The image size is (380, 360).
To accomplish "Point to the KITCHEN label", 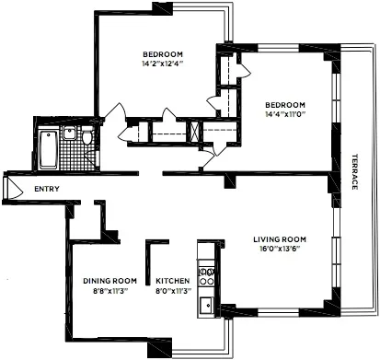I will (172, 281).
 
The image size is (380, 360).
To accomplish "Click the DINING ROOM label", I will (109, 281).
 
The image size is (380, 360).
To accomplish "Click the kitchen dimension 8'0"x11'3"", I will (172, 291).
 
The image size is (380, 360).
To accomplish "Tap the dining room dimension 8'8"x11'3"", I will (109, 291).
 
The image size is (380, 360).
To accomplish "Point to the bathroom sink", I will (69, 134).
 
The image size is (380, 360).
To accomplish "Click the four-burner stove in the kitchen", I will (208, 273).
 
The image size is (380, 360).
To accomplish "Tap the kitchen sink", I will (208, 304).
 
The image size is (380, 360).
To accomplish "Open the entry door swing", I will (11, 190).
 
